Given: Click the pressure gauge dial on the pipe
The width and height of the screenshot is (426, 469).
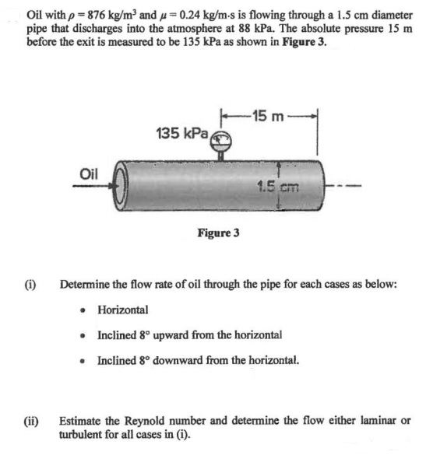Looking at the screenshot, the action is [223, 140].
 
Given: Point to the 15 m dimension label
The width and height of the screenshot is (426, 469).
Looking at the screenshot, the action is [272, 114].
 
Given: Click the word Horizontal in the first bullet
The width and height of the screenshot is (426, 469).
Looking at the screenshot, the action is [122, 309].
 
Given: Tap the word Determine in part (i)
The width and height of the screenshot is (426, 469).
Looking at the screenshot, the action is [85, 285].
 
